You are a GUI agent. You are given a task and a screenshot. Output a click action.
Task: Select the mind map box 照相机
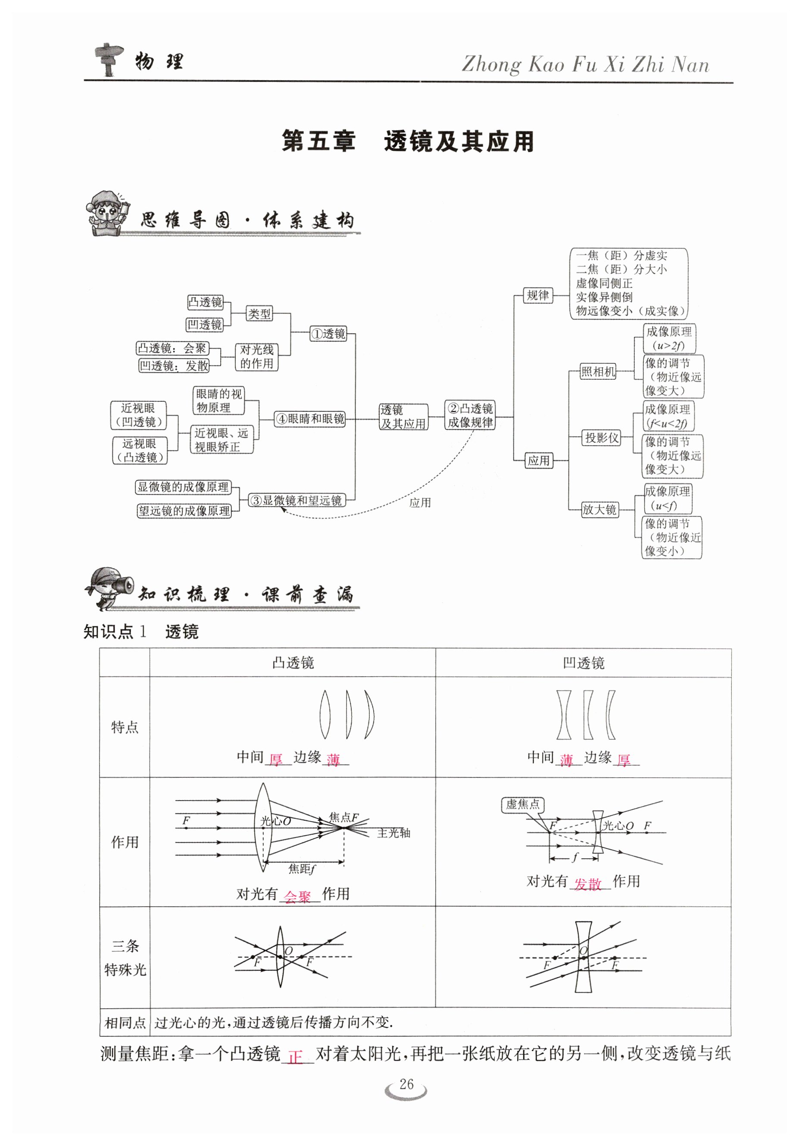pos(598,372)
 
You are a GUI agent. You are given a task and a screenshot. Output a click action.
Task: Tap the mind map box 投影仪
pos(602,438)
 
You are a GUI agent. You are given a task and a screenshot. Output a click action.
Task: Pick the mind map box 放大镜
pos(599,509)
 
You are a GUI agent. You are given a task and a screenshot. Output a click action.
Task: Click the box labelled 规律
pos(538,295)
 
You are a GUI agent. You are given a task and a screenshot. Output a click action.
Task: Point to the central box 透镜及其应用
pos(403,417)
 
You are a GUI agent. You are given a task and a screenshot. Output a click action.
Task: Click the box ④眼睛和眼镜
pos(310,419)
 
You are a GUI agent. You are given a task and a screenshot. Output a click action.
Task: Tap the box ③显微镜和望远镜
pos(297,500)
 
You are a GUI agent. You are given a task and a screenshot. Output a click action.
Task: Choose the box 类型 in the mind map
pos(259,314)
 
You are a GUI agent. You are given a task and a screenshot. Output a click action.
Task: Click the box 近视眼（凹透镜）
pos(138,415)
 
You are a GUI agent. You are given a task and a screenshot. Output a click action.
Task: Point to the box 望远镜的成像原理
pos(184,511)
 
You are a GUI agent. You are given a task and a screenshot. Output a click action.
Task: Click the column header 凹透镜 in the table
pos(583,663)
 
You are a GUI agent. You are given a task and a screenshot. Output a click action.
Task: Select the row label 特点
pos(125,727)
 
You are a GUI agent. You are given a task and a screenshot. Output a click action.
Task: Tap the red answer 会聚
pos(297,897)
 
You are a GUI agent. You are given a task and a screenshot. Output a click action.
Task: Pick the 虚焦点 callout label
pos(522,804)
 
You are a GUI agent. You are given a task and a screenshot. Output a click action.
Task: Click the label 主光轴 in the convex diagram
pos(393,833)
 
